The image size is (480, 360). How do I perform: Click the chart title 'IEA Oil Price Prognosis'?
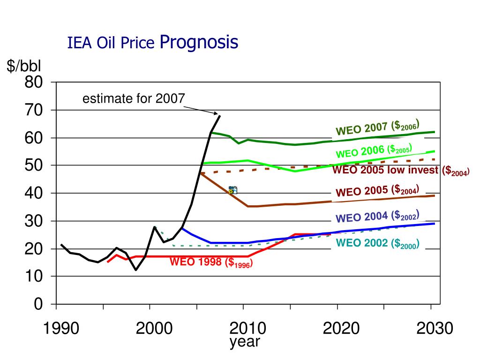[153, 43]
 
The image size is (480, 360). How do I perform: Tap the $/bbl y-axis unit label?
[24, 67]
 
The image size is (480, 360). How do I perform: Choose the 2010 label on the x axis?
[247, 329]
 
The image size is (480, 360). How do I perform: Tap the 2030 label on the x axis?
[435, 329]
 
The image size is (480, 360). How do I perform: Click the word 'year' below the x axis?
[245, 342]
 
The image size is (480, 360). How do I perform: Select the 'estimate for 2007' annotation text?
[134, 99]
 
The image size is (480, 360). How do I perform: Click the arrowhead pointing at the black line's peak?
[217, 113]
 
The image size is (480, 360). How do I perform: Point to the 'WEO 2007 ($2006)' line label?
[377, 127]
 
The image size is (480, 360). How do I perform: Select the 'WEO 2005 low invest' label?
[401, 171]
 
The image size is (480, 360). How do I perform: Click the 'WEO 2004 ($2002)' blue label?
[377, 217]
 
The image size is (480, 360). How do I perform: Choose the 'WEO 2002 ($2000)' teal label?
[377, 243]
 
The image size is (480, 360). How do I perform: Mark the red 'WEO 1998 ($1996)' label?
[211, 262]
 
